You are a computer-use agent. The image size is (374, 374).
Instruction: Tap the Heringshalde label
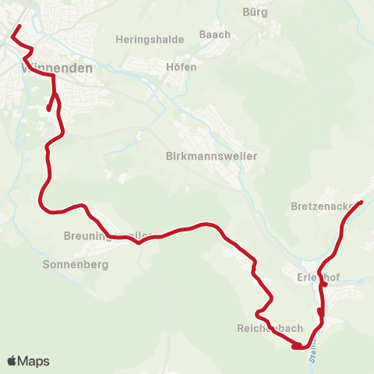[150, 40]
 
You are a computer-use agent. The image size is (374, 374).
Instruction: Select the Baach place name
[215, 34]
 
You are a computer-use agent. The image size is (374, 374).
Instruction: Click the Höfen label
[182, 67]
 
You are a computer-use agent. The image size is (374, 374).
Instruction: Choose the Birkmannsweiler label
[212, 156]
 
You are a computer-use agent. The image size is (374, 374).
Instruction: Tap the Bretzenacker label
[325, 207]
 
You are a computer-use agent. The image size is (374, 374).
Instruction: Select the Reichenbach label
[270, 329]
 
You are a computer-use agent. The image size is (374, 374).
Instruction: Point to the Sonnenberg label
[76, 264]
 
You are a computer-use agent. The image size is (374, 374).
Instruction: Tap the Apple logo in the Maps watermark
[12, 362]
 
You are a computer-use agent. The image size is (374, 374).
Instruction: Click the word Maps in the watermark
[34, 362]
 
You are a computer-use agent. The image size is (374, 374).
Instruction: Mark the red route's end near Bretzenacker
[362, 203]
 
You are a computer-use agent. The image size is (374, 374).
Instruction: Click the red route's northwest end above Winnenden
[19, 26]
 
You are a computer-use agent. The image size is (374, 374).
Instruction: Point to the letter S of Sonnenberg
[46, 264]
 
